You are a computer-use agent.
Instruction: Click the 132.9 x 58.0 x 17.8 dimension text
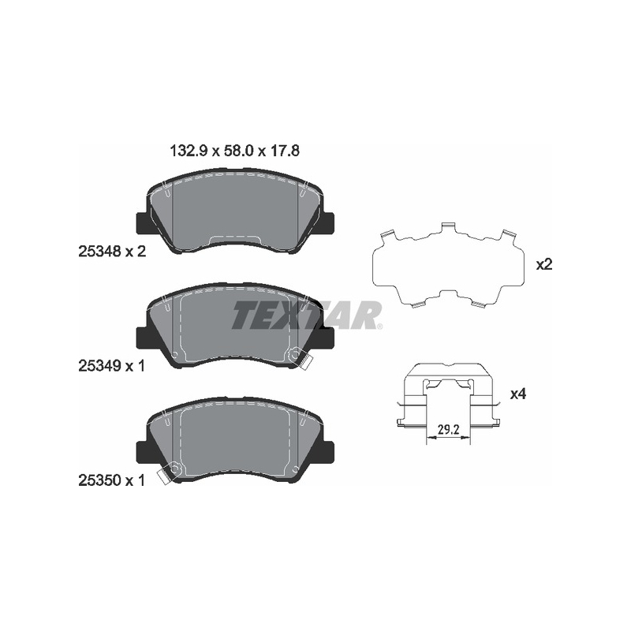pyautogui.click(x=235, y=151)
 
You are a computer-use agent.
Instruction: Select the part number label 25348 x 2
pyautogui.click(x=112, y=252)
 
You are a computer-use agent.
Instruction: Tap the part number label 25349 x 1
pyautogui.click(x=111, y=366)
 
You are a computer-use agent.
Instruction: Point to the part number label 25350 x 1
pyautogui.click(x=111, y=480)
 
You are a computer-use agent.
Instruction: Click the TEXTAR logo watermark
pyautogui.click(x=307, y=315)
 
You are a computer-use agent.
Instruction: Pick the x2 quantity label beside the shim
pyautogui.click(x=544, y=265)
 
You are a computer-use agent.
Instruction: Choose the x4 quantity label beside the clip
pyautogui.click(x=518, y=394)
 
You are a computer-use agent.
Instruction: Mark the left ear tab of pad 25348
pyautogui.click(x=143, y=222)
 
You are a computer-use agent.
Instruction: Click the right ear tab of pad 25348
pyautogui.click(x=328, y=222)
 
